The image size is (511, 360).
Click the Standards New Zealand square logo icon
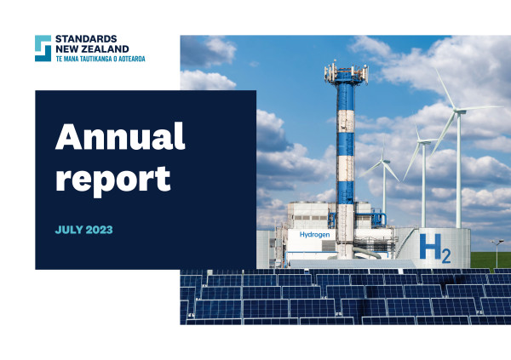pyautogui.click(x=43, y=49)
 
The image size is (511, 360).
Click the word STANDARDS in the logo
pyautogui.click(x=86, y=39)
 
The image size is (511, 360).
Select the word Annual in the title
pyautogui.click(x=120, y=136)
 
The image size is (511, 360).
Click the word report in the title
pyautogui.click(x=113, y=180)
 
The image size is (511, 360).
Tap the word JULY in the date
pyautogui.click(x=69, y=230)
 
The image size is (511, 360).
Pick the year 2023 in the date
pyautogui.click(x=99, y=230)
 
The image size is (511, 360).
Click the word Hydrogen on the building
pyautogui.click(x=314, y=235)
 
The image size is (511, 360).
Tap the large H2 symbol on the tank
pyautogui.click(x=435, y=249)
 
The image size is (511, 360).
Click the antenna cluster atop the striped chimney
pyautogui.click(x=346, y=72)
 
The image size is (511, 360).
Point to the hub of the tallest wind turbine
pyautogui.click(x=458, y=111)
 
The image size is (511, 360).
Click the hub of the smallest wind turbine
pyautogui.click(x=384, y=161)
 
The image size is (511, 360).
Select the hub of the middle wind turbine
pyautogui.click(x=422, y=142)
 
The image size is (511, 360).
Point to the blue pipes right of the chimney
pyautogui.click(x=378, y=218)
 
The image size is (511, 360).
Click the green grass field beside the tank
pyautogui.click(x=491, y=260)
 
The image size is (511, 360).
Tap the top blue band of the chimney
pyautogui.click(x=346, y=97)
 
